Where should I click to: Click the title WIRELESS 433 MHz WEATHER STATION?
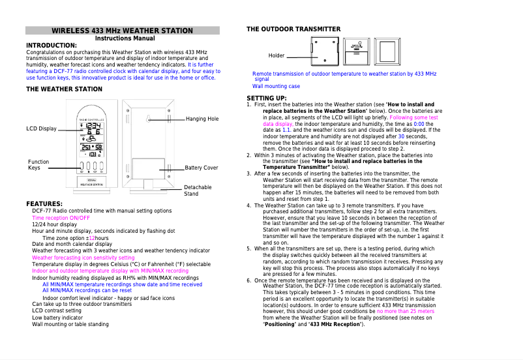click(123, 31)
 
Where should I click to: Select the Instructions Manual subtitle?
click(123, 38)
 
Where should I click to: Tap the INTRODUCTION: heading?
click(51, 46)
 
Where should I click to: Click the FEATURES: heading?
click(44, 204)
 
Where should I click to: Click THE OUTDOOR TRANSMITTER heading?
click(293, 29)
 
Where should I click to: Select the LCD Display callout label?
click(41, 128)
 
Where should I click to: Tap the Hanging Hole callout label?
click(202, 119)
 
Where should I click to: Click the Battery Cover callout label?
click(201, 168)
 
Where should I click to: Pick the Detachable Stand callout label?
click(198, 190)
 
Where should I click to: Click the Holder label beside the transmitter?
click(276, 55)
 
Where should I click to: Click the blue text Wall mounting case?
click(276, 86)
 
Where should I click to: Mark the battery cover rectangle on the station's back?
click(148, 168)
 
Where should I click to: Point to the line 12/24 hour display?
click(54, 224)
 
